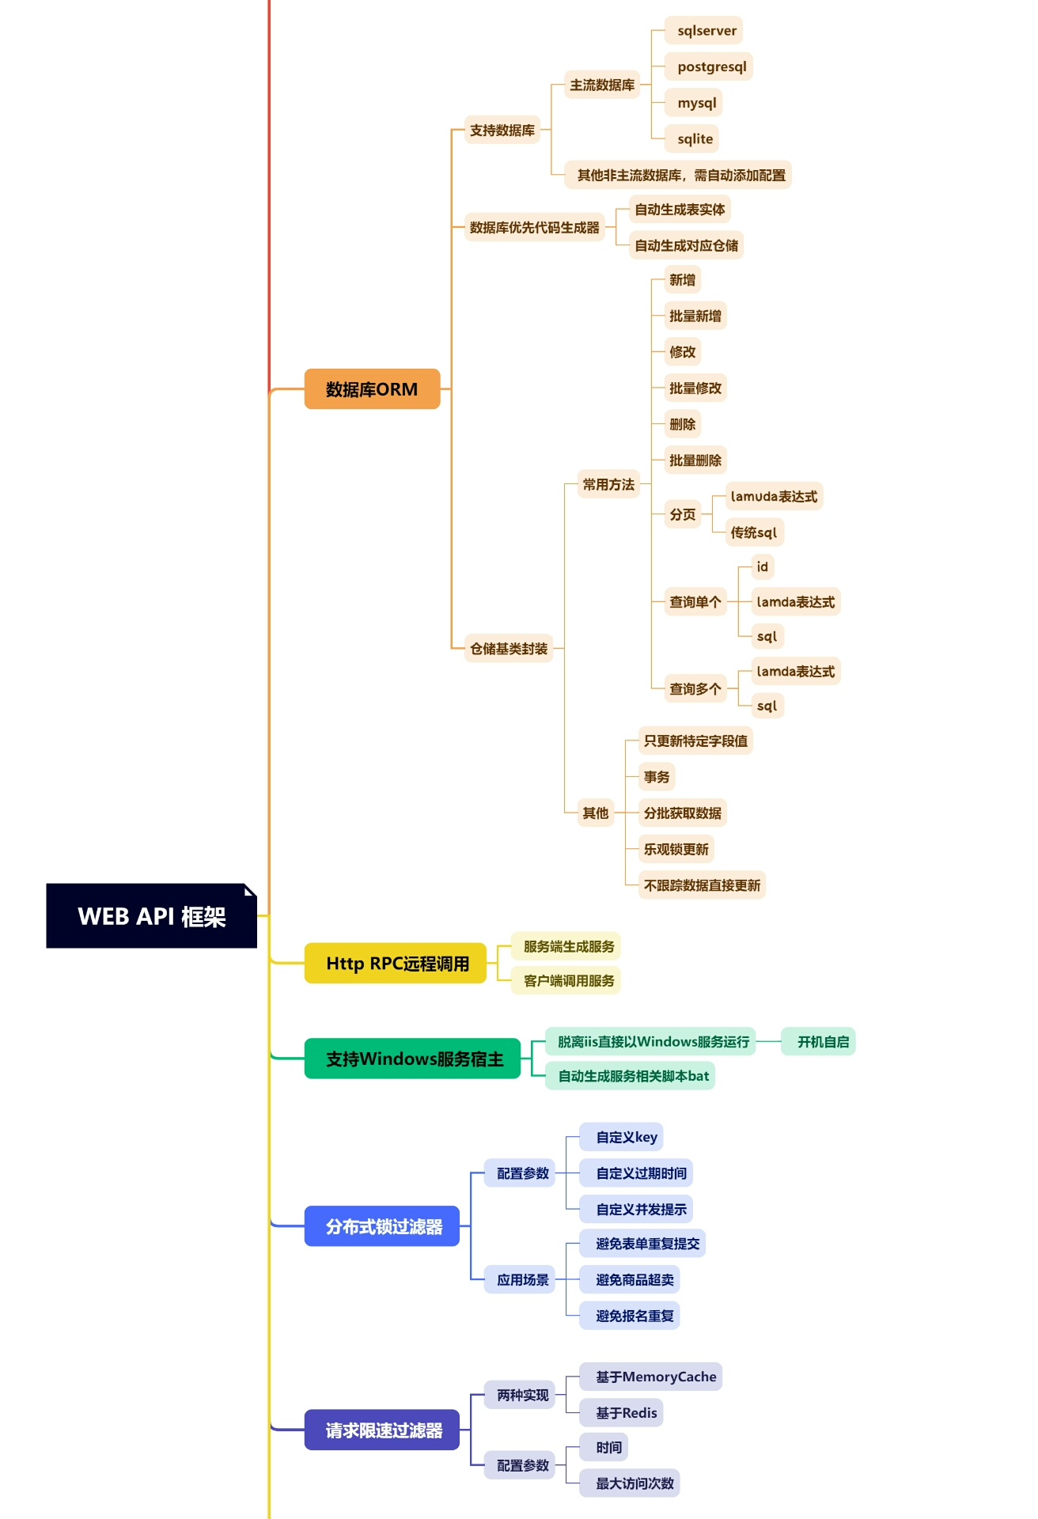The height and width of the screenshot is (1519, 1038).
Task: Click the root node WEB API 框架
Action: pyautogui.click(x=151, y=915)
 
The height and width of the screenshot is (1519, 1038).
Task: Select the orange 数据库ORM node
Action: pyautogui.click(x=372, y=388)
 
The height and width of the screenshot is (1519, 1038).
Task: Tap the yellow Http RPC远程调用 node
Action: pyautogui.click(x=396, y=963)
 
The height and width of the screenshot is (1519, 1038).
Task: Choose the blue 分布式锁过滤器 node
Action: pyautogui.click(x=382, y=1226)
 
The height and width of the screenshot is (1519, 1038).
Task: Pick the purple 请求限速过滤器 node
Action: pyautogui.click(x=382, y=1430)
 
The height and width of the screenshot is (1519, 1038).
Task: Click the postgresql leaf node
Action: pyautogui.click(x=710, y=66)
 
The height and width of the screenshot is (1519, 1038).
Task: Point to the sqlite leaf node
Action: pyautogui.click(x=694, y=138)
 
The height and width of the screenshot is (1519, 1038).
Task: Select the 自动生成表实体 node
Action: pyautogui.click(x=679, y=210)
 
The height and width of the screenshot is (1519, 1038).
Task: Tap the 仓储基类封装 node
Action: pyautogui.click(x=508, y=649)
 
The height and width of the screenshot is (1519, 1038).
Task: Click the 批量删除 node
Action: pyautogui.click(x=695, y=460)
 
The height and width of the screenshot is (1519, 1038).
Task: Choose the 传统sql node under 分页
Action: pyautogui.click(x=753, y=532)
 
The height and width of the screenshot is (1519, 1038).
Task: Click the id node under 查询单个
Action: pyautogui.click(x=762, y=566)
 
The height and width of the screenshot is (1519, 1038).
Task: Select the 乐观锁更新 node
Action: pyautogui.click(x=676, y=849)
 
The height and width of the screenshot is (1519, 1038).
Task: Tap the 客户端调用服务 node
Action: pyautogui.click(x=567, y=981)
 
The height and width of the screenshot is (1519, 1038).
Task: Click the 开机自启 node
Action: pyautogui.click(x=822, y=1042)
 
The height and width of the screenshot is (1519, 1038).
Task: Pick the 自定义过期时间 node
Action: pyautogui.click(x=640, y=1173)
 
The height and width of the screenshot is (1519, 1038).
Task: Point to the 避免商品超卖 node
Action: pyautogui.click(x=634, y=1279)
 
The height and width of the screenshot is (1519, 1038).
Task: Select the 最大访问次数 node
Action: pyautogui.click(x=634, y=1483)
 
